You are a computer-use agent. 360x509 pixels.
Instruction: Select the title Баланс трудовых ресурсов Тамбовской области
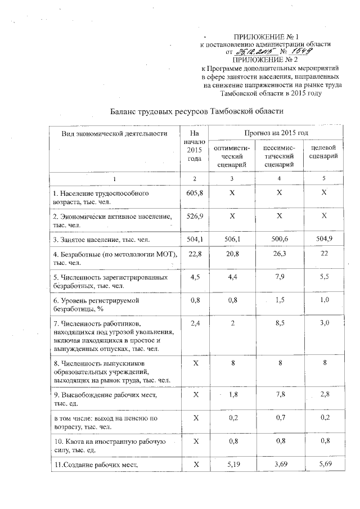197,111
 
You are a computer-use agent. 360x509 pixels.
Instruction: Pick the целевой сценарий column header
323,151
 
